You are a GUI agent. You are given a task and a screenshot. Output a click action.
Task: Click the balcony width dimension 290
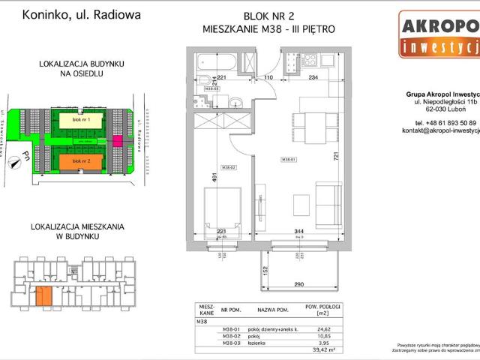(298, 285)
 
